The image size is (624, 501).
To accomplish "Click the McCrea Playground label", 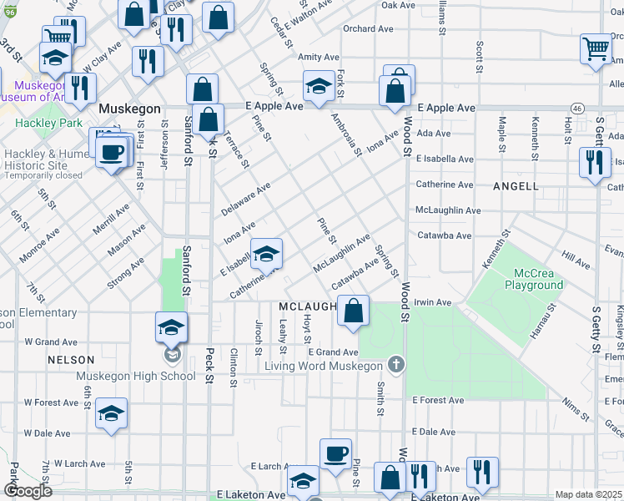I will [533, 279].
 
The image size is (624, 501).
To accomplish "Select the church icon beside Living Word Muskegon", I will [396, 365].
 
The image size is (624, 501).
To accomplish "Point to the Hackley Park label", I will [48, 123].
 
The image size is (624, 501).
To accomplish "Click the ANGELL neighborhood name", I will [516, 186].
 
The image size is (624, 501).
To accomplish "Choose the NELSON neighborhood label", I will [71, 359].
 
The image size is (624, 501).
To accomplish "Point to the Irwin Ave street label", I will [432, 302].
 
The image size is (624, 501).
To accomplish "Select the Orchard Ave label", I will [368, 28].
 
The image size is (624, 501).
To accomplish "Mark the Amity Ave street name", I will [319, 57].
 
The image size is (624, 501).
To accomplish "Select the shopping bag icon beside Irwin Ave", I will [354, 311].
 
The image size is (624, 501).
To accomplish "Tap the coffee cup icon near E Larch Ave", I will [335, 454].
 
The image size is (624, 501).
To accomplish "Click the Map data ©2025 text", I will [589, 494].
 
